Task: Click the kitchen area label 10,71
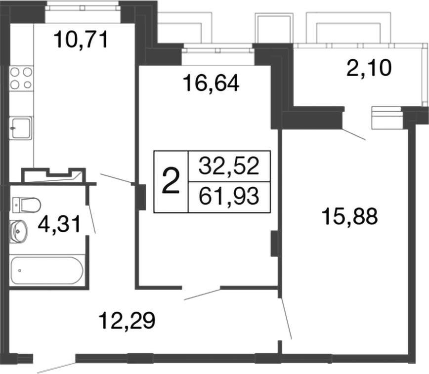pyautogui.click(x=81, y=39)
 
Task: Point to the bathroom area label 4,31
pyautogui.click(x=59, y=226)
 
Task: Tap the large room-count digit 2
pyautogui.click(x=171, y=181)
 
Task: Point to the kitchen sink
pyautogui.click(x=21, y=127)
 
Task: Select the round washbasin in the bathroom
pyautogui.click(x=20, y=229)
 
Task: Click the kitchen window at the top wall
pyautogui.click(x=84, y=7)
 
